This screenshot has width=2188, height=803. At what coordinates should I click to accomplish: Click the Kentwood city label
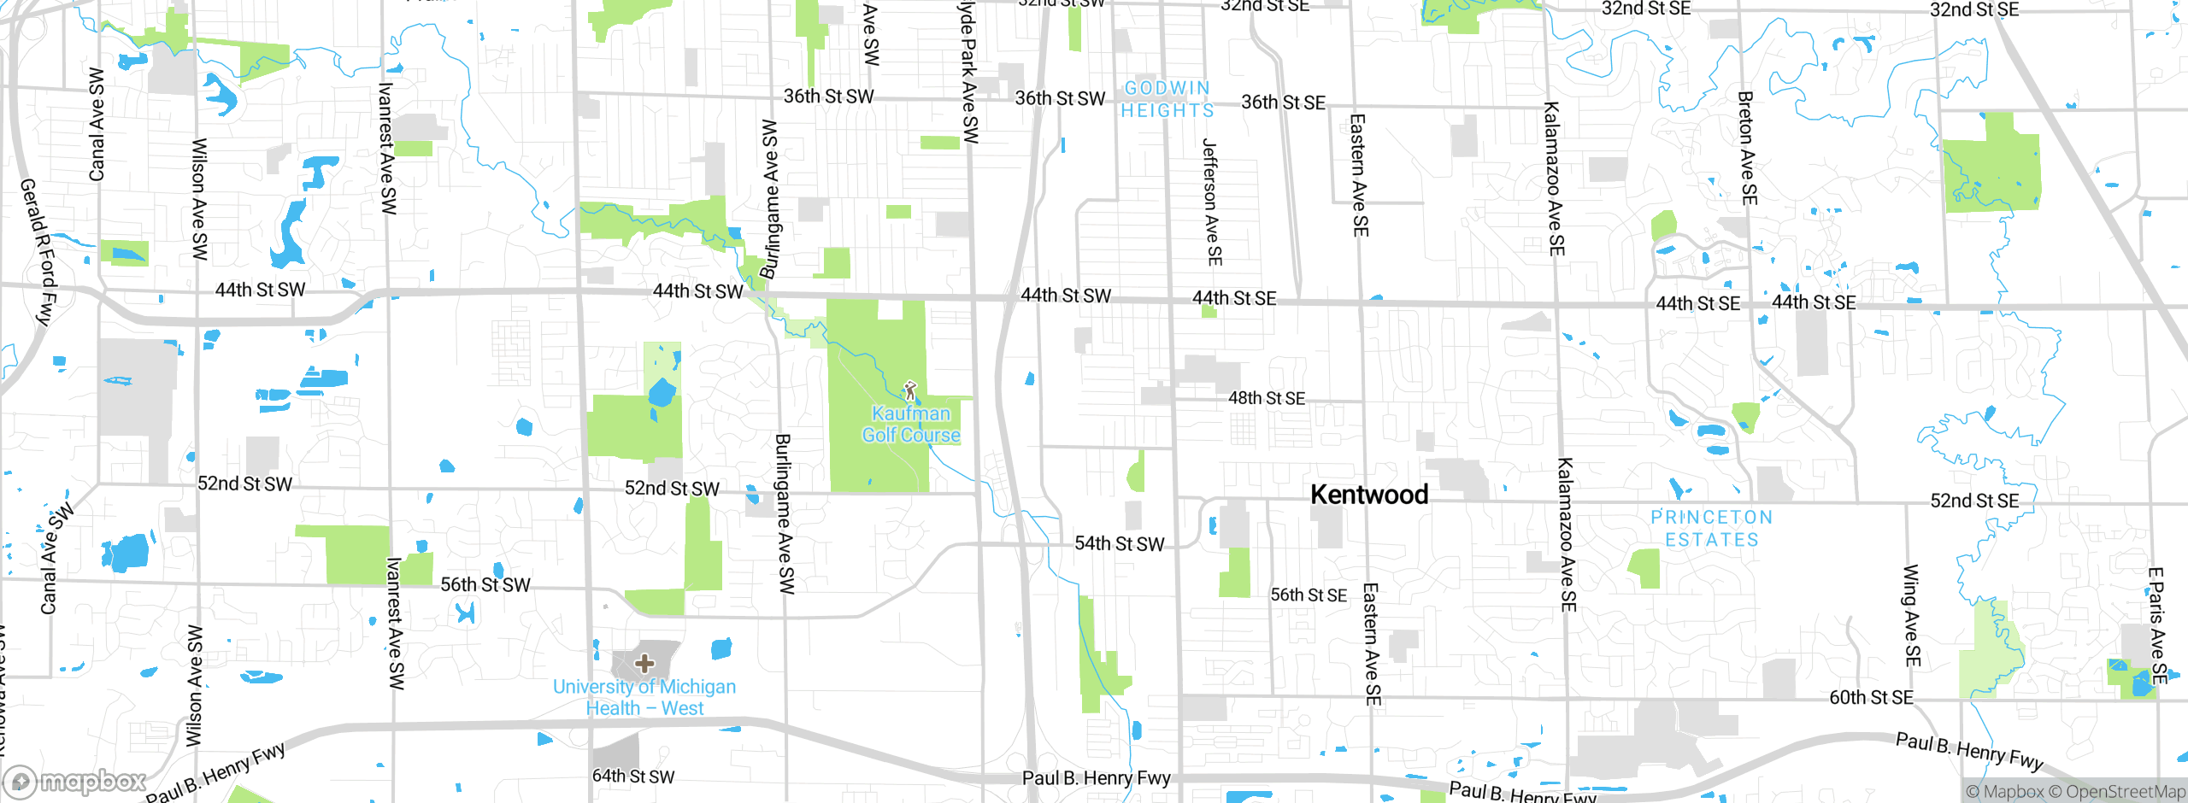[x=1368, y=495]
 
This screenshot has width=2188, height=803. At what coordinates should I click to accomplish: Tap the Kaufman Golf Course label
[x=910, y=425]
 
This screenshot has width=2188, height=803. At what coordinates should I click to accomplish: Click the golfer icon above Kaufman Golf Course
[x=909, y=392]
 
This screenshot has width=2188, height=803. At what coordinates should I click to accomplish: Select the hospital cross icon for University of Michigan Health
[x=644, y=663]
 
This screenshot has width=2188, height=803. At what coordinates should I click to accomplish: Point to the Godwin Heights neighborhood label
[x=1168, y=100]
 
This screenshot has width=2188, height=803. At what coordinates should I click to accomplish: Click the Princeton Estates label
[x=1711, y=529]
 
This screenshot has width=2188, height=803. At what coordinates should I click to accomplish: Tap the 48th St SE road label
[x=1266, y=398]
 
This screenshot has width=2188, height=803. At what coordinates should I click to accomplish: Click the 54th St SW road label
[x=1119, y=544]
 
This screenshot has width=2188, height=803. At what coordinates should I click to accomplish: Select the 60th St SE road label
[x=1870, y=698]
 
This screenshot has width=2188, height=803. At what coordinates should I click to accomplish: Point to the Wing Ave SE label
[x=1912, y=615]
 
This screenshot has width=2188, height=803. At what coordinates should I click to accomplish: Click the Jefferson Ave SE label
[x=1211, y=202]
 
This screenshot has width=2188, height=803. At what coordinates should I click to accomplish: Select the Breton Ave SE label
[x=1747, y=148]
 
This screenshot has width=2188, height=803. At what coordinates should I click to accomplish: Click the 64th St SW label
[x=632, y=777]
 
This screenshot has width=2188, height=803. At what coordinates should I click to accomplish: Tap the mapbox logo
[x=75, y=781]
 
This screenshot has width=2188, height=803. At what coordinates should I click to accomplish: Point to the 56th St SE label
[x=1308, y=595]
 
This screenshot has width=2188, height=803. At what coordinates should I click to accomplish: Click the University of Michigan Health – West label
[x=644, y=697]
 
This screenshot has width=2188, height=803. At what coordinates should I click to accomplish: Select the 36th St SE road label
[x=1283, y=103]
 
